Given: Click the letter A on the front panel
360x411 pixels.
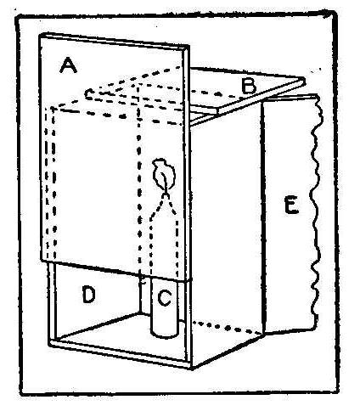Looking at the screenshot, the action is (68, 65).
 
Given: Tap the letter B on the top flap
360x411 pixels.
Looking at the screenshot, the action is (249, 86).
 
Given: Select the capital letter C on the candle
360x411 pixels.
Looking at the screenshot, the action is (164, 297).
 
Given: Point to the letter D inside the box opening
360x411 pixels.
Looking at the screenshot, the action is (88, 295).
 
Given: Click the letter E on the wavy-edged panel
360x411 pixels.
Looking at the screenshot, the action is (291, 205).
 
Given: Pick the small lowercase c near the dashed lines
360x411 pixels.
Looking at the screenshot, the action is (89, 93).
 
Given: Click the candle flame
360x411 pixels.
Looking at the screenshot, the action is (164, 173).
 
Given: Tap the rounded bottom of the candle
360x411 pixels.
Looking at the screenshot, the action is (165, 333).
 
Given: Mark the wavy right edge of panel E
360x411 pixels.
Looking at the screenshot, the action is (317, 212).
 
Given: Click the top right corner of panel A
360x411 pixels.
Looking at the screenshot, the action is (188, 47).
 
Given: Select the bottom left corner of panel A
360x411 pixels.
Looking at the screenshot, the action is (40, 261).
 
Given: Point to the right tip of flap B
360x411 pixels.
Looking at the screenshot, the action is (305, 81).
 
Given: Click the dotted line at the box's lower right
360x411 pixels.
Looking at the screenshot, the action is (227, 327).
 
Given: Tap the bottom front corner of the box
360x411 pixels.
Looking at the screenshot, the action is (192, 368).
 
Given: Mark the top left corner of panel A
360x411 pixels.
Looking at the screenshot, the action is (40, 35).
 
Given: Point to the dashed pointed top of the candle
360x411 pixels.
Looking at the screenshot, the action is (164, 206).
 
